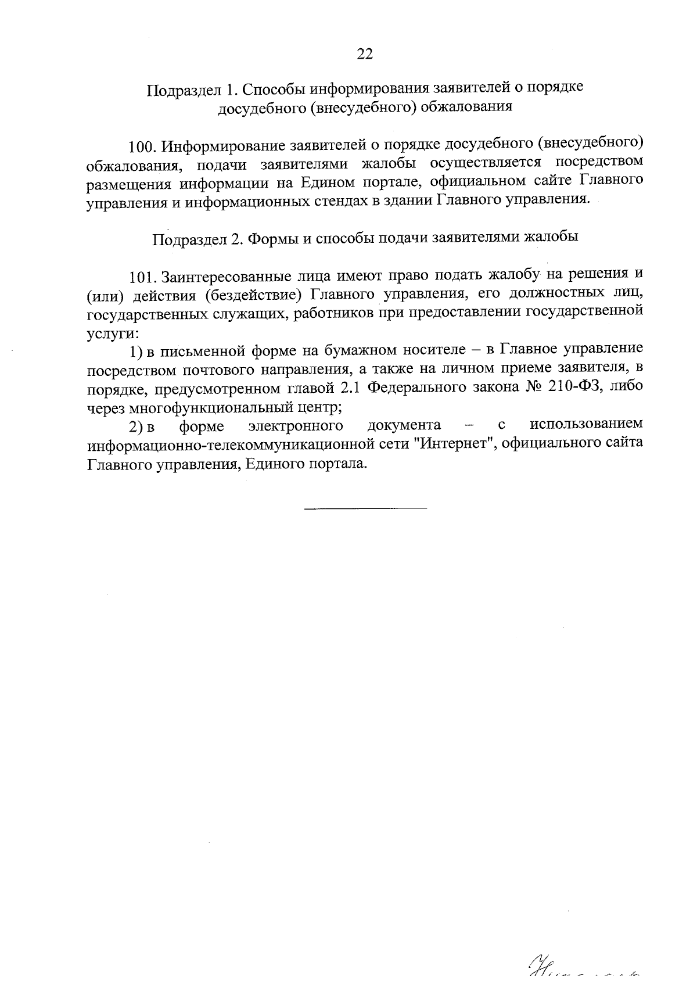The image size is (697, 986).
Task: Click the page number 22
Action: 365,54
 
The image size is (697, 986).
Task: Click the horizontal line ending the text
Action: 365,509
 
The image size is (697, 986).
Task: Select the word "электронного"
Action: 295,426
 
